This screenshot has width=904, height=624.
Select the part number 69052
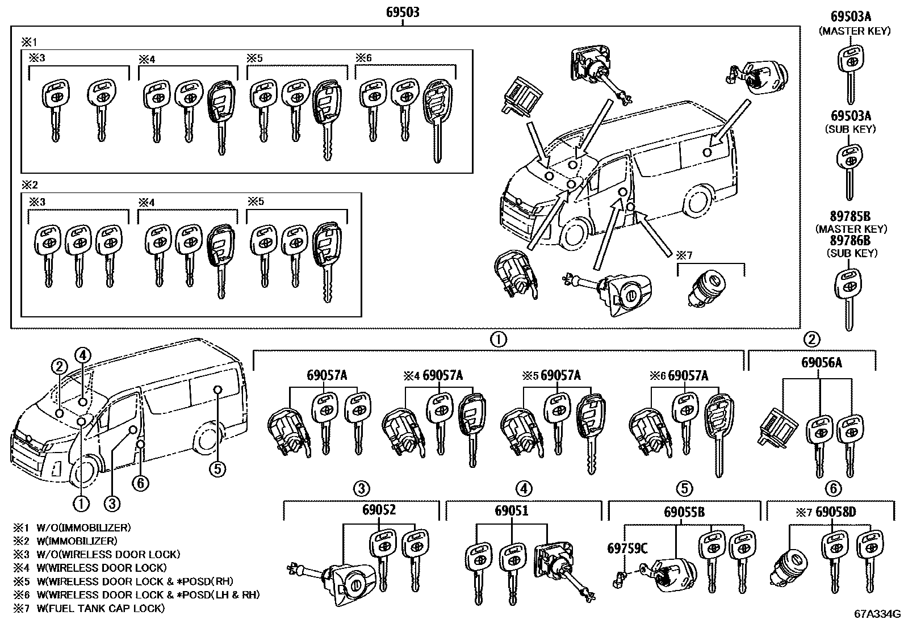coord(379,510)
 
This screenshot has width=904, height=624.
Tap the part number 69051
coord(511,510)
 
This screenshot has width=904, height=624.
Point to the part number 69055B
coord(684,513)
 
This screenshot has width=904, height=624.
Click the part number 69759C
coord(627,548)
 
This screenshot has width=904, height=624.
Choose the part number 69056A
coord(822,362)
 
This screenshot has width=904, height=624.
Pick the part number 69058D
coord(835,512)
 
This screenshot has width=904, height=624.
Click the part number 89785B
coord(850,216)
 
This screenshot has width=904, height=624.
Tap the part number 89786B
coord(850,241)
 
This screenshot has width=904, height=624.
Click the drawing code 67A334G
coord(878,614)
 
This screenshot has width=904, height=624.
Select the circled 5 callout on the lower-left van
coord(217,468)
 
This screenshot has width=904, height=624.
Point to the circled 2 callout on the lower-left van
coord(59,366)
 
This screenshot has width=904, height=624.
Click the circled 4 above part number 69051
coord(523,488)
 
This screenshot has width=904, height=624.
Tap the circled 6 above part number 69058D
coord(833,488)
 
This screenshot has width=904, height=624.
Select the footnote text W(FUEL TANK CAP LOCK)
coord(101,608)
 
